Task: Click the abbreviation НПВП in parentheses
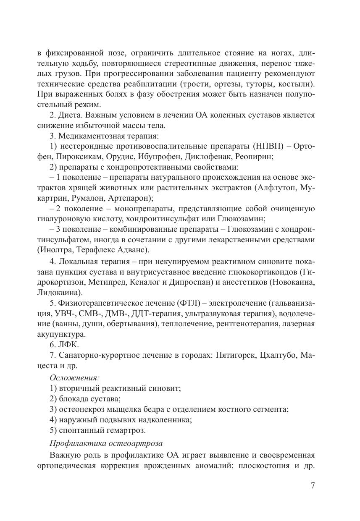pos(267,146)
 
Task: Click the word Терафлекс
pos(95,250)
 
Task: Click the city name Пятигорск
pos(236,355)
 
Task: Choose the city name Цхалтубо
pos(279,355)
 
